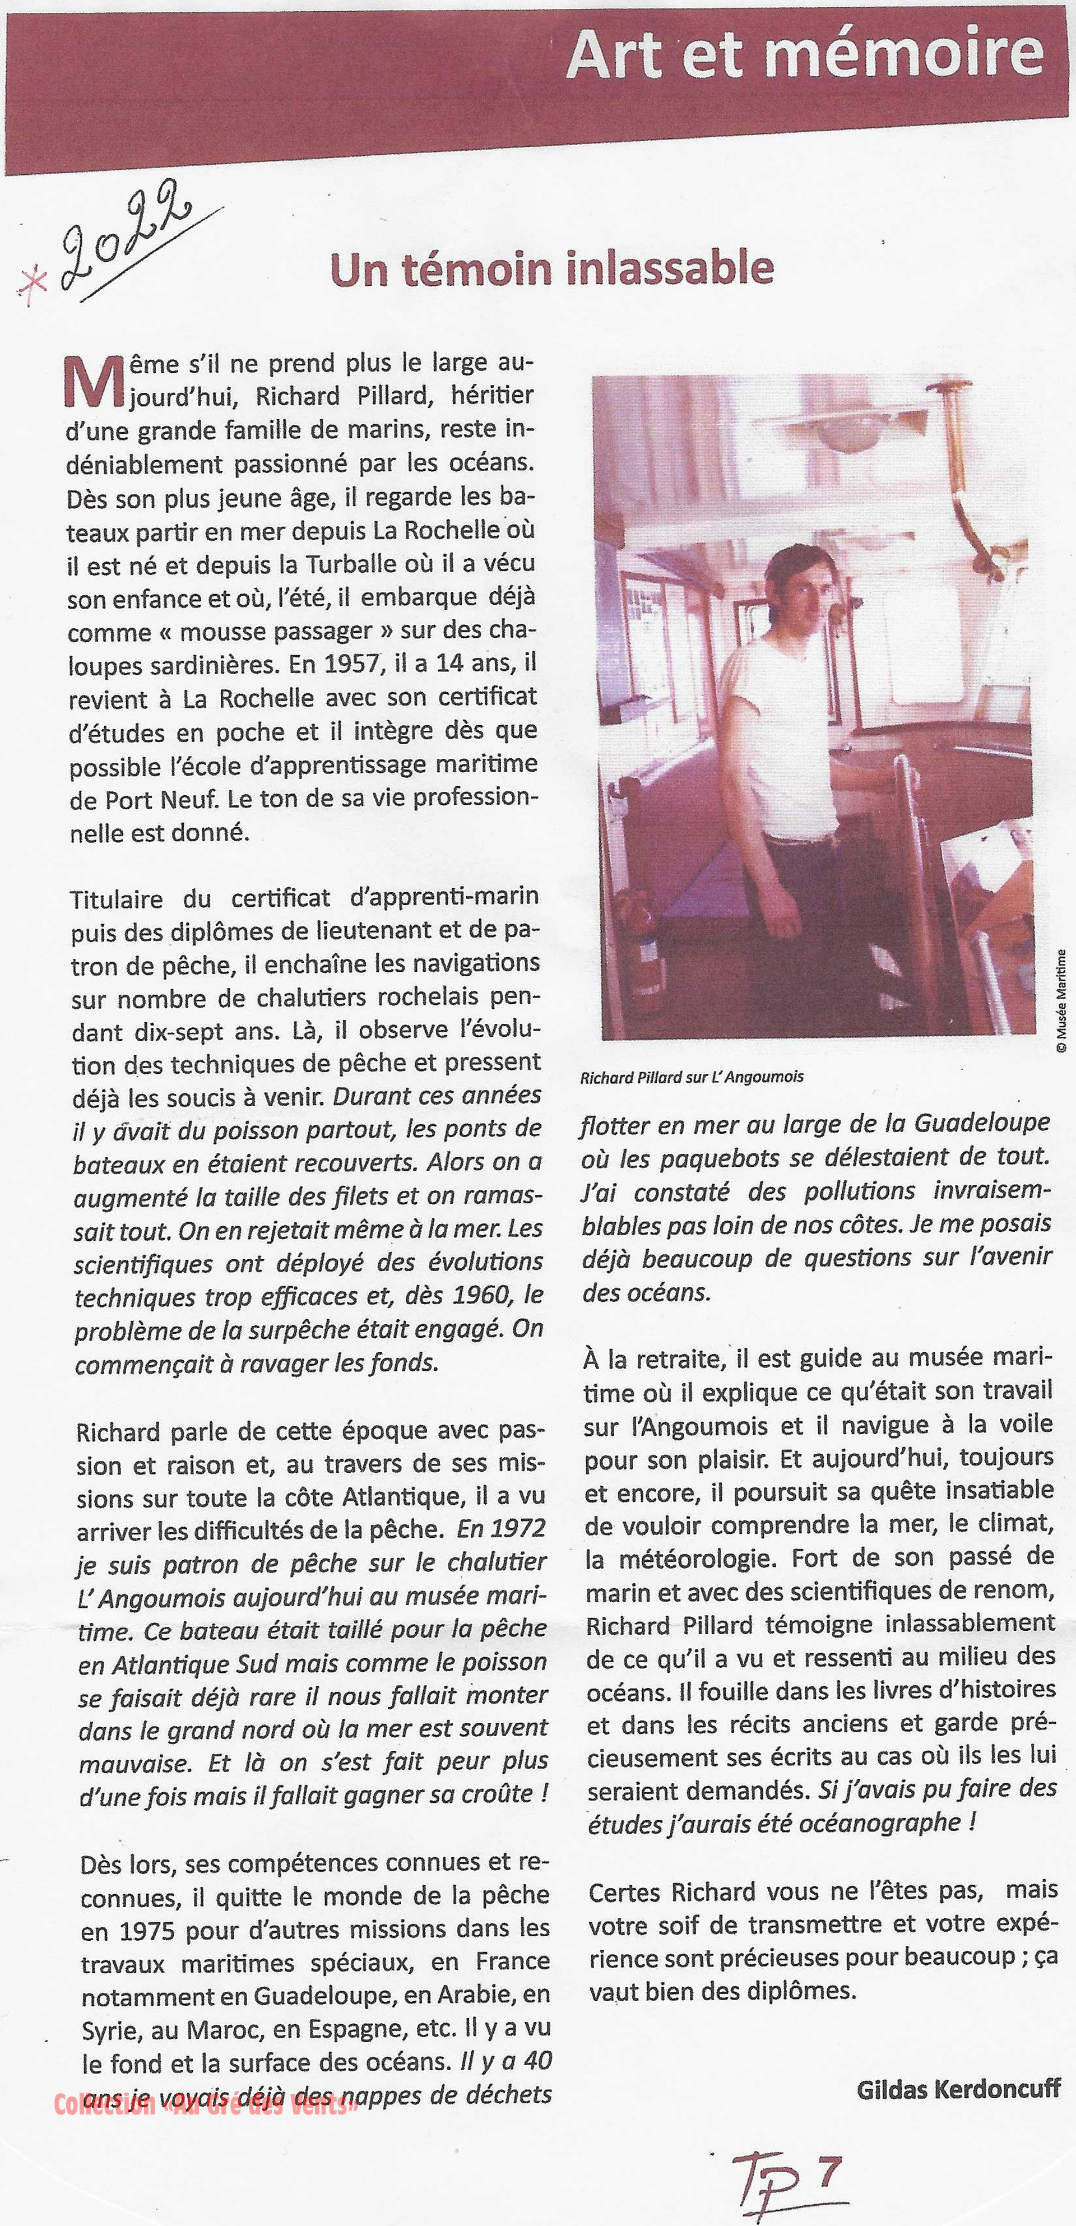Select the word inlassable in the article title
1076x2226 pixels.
pyautogui.click(x=669, y=269)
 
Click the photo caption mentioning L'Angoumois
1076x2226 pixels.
pyautogui.click(x=692, y=1077)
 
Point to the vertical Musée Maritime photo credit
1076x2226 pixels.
pyautogui.click(x=1061, y=1001)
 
